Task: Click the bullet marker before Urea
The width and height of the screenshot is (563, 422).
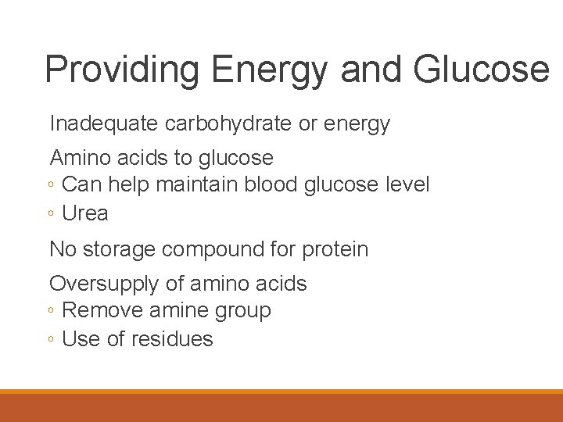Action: pyautogui.click(x=50, y=214)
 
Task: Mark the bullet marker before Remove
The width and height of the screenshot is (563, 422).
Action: pyautogui.click(x=50, y=311)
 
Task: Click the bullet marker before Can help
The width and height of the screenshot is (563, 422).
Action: pyautogui.click(x=50, y=186)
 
